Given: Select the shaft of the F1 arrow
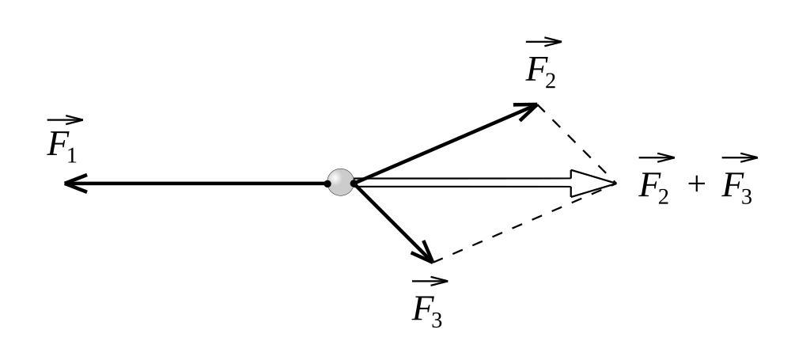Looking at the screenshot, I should click(198, 184).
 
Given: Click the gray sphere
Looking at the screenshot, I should click(341, 182).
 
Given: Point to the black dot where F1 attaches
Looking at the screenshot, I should click(327, 184).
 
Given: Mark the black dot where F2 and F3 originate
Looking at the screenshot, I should click(354, 183).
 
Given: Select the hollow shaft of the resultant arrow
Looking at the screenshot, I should click(467, 183).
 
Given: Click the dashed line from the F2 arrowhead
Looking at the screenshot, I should click(576, 143).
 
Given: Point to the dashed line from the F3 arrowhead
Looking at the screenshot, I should click(522, 223).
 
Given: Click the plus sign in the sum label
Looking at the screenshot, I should click(695, 184).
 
